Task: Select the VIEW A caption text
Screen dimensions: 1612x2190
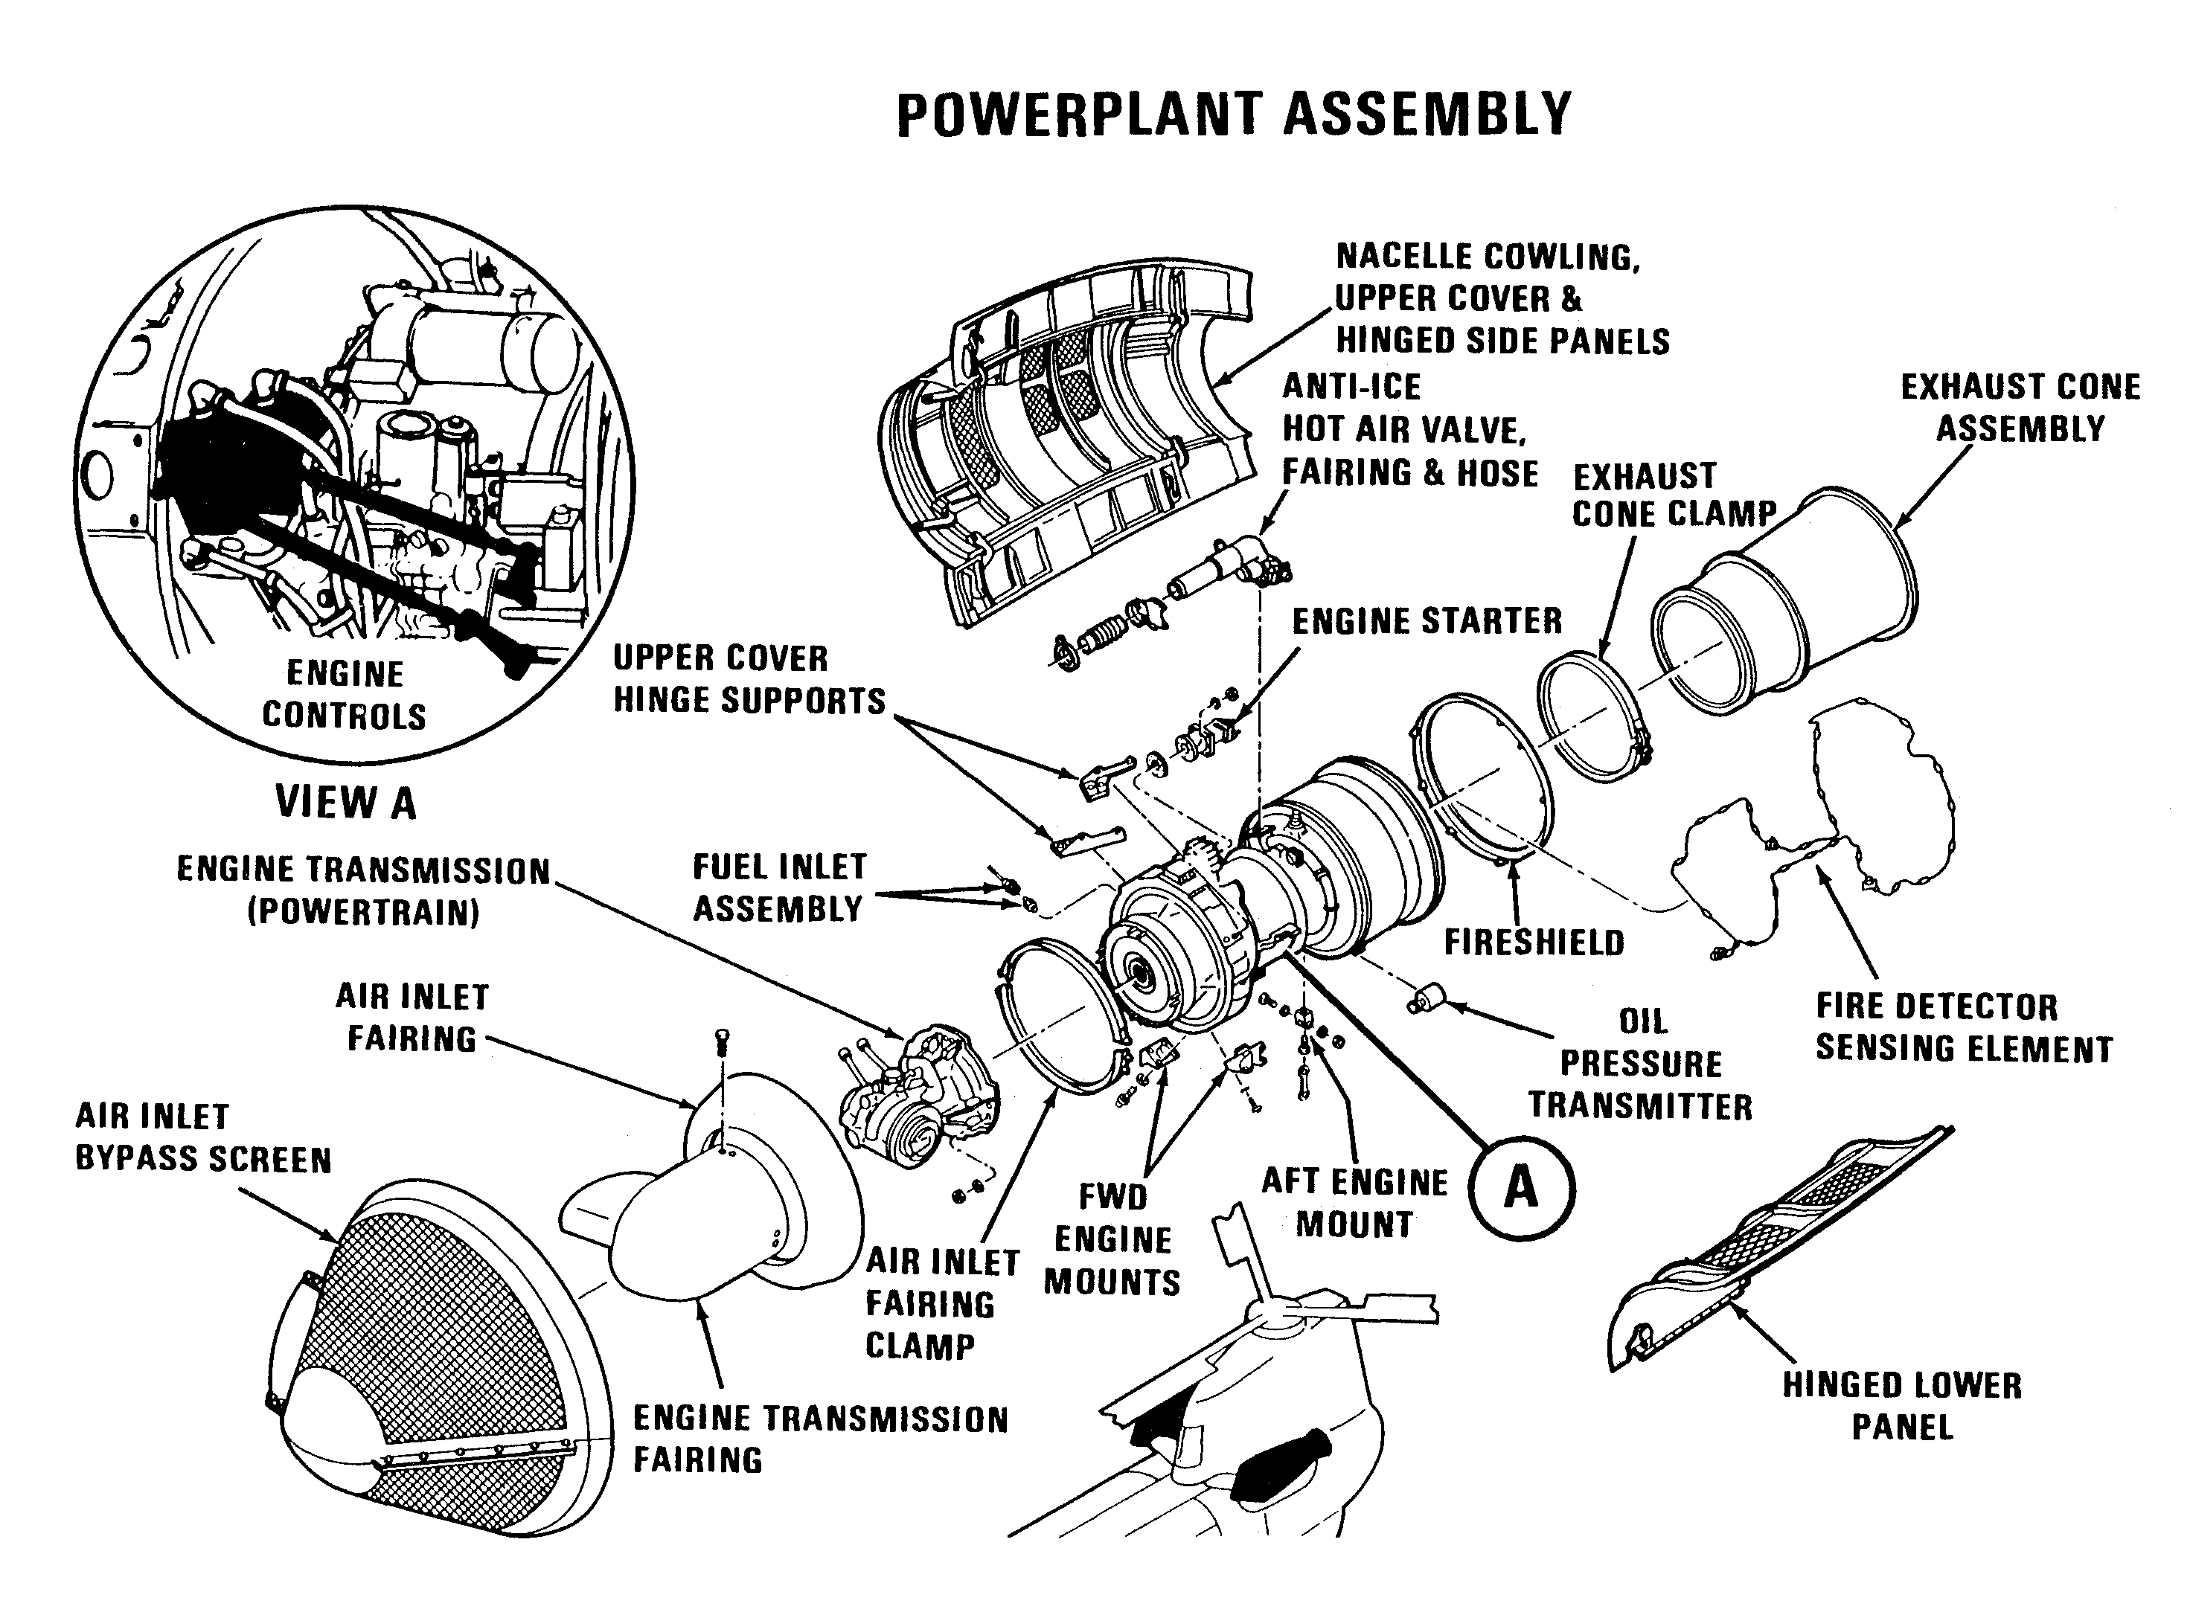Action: pos(345,802)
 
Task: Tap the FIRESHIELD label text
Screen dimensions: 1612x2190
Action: pos(1534,943)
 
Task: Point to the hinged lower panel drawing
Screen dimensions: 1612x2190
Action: pos(1776,1249)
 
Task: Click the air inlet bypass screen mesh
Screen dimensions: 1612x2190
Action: pos(439,1327)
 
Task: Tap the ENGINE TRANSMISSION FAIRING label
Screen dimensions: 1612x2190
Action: pos(820,1439)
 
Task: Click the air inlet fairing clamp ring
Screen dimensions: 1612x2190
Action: pos(1059,1015)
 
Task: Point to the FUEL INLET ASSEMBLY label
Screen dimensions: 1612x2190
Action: pos(779,888)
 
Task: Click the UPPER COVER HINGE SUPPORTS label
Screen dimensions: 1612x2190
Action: pos(749,679)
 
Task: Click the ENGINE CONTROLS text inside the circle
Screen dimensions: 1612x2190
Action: pos(345,695)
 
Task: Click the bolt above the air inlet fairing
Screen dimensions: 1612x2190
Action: pos(723,1041)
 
